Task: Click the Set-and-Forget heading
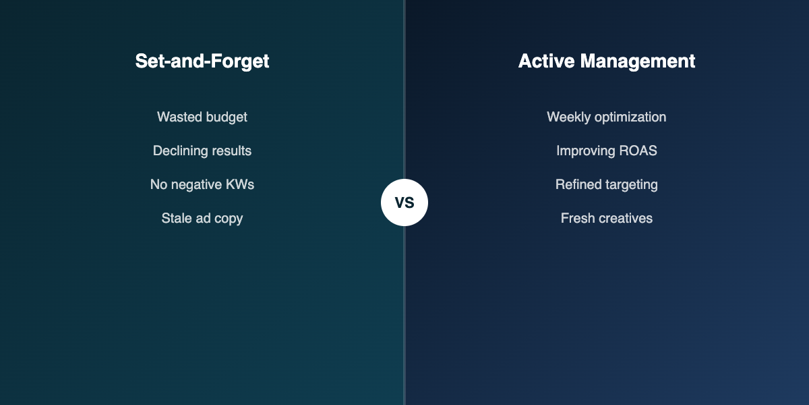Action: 202,61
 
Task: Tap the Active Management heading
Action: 607,61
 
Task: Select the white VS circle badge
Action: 404,202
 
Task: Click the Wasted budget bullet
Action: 202,117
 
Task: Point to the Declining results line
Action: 202,151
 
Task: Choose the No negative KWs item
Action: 202,184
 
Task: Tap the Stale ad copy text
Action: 202,218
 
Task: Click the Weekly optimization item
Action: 607,117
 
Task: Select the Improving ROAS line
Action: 607,151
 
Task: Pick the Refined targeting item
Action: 607,184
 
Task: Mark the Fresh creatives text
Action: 607,218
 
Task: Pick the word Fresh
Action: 577,218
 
